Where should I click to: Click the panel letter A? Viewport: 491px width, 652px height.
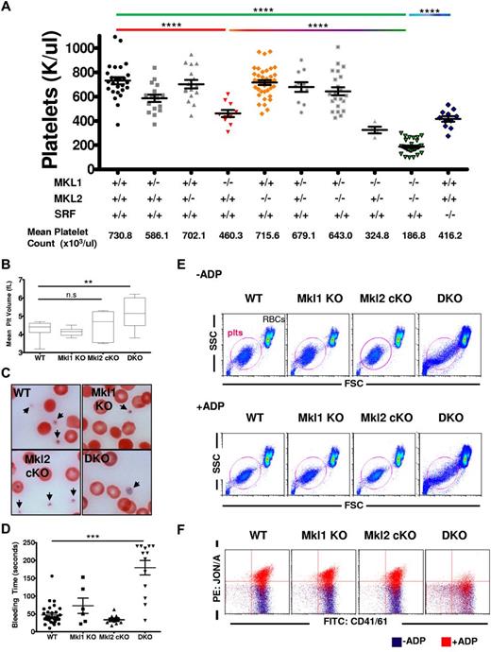click(x=8, y=9)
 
